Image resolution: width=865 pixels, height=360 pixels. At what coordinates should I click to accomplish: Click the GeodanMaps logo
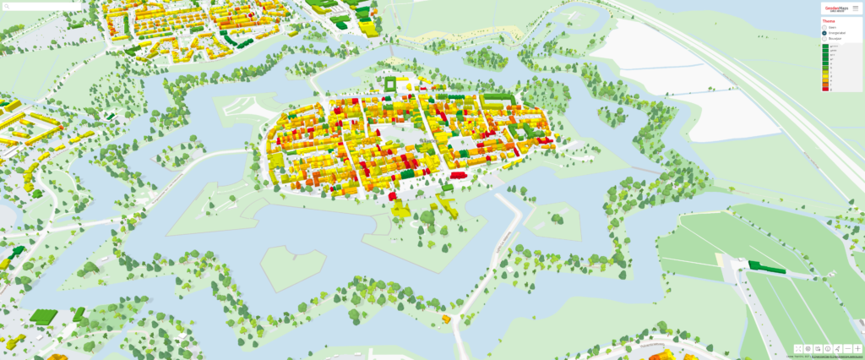tap(835, 8)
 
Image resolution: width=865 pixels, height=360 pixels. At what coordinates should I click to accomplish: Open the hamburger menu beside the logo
tap(855, 8)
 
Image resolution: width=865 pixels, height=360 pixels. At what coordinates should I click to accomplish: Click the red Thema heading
tap(829, 20)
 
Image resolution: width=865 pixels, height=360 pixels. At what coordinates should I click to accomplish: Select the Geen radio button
tap(825, 27)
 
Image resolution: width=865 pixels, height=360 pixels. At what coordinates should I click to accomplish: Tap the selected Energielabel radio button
tap(825, 33)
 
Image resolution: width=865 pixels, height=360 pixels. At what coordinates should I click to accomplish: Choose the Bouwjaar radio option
tap(825, 39)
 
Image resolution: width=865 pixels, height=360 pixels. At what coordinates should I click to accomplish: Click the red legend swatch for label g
tap(826, 88)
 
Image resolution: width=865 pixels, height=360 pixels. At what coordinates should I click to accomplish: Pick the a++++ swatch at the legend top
tap(826, 46)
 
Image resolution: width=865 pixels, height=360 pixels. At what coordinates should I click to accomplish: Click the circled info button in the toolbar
tap(828, 348)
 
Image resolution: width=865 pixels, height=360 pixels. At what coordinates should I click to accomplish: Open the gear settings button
tap(808, 348)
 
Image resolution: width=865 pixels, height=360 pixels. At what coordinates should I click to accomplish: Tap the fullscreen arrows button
tap(798, 348)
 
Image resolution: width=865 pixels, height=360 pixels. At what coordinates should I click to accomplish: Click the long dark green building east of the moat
tap(766, 267)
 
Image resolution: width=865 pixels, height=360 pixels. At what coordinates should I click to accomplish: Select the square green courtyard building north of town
tap(390, 85)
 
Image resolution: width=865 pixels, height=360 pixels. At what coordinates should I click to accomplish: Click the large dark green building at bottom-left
tap(42, 317)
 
